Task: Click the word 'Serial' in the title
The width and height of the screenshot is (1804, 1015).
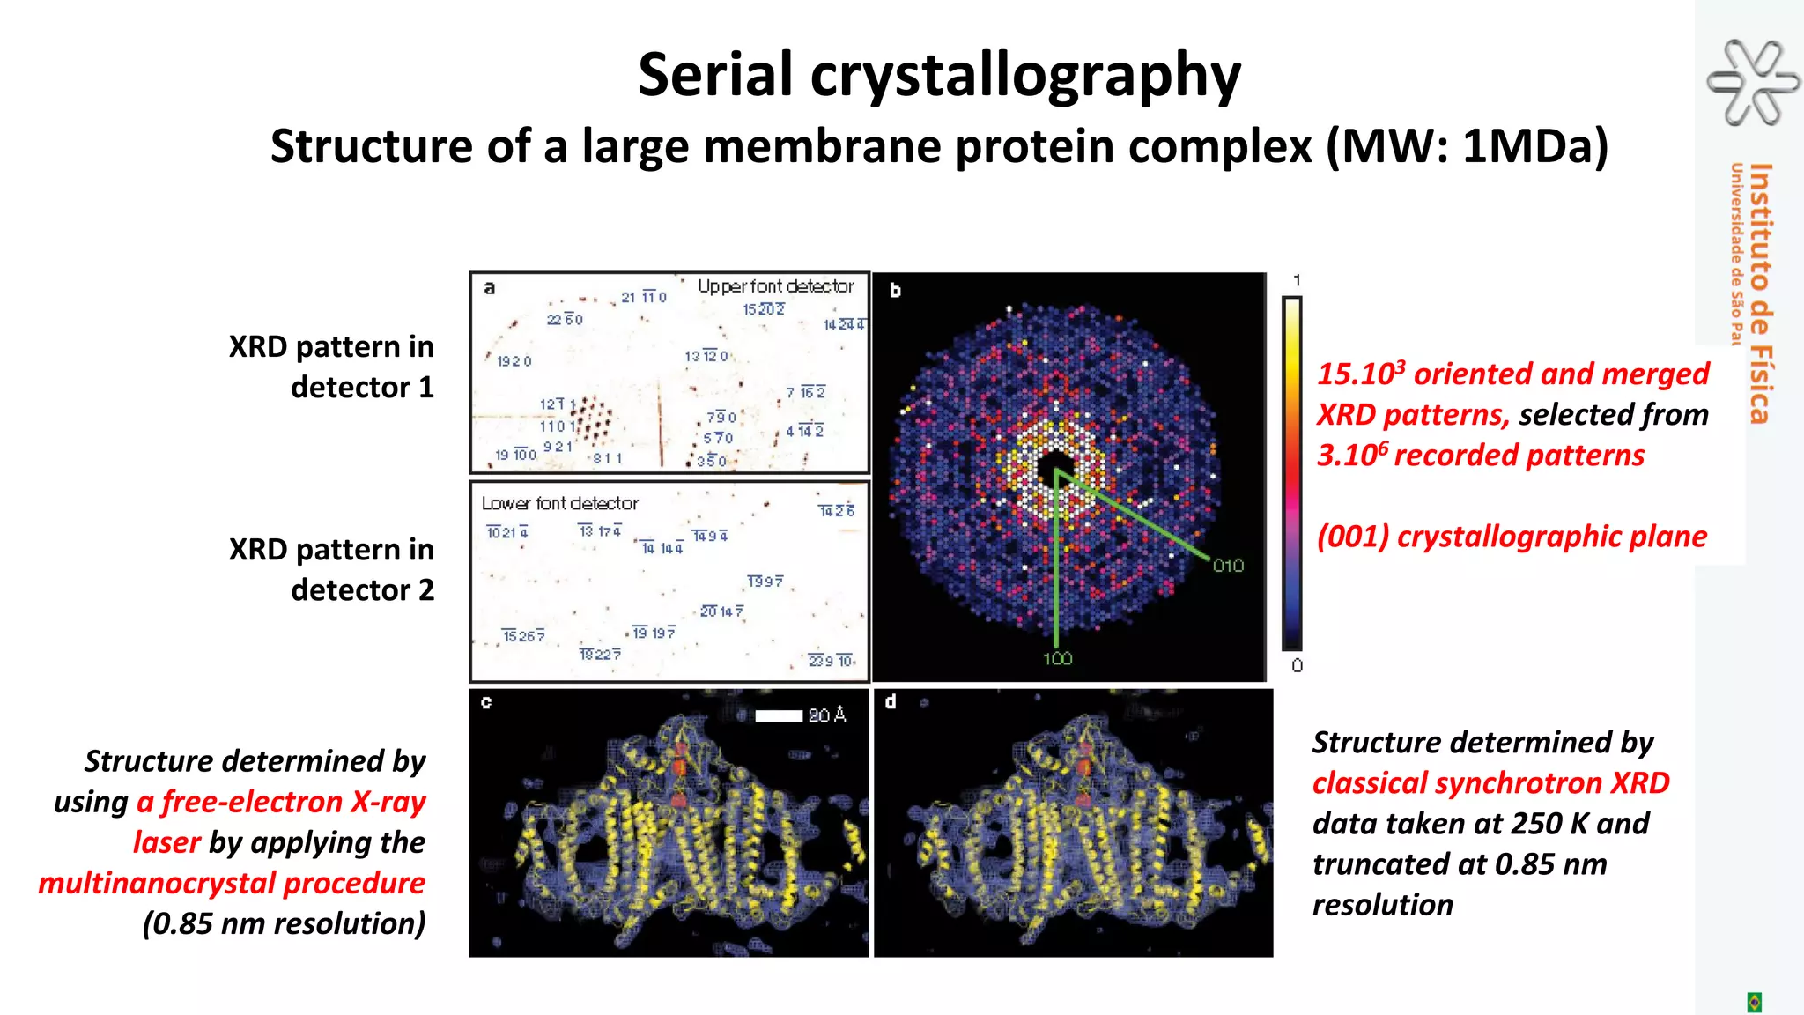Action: tap(715, 75)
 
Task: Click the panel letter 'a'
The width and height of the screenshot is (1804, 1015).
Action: tap(490, 288)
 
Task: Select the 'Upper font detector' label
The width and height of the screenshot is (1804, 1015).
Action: tap(775, 286)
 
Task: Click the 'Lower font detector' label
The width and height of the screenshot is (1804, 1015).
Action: tap(559, 503)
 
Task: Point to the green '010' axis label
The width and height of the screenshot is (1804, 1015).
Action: tap(1228, 566)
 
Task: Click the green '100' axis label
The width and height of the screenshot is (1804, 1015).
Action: tap(1057, 658)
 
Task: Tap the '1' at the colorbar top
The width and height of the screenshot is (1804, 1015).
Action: tap(1297, 280)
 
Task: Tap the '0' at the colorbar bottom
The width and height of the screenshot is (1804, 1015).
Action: tap(1297, 666)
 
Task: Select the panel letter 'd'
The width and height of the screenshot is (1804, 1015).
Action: tap(891, 702)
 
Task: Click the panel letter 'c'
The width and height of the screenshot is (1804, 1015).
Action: tap(486, 702)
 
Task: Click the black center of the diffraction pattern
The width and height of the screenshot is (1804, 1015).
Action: tap(1055, 466)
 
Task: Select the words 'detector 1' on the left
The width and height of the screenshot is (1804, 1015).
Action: tap(362, 388)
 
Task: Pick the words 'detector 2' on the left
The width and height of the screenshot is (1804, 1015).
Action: tap(362, 590)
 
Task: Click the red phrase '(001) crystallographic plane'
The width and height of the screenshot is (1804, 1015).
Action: tap(1512, 537)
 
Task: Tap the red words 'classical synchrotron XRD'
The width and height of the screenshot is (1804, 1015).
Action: tap(1490, 783)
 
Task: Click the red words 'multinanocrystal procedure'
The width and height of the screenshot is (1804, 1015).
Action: tap(232, 883)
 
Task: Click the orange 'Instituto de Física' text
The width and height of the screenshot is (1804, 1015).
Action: tap(1759, 293)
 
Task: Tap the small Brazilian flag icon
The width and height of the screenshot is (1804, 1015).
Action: tap(1754, 1002)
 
